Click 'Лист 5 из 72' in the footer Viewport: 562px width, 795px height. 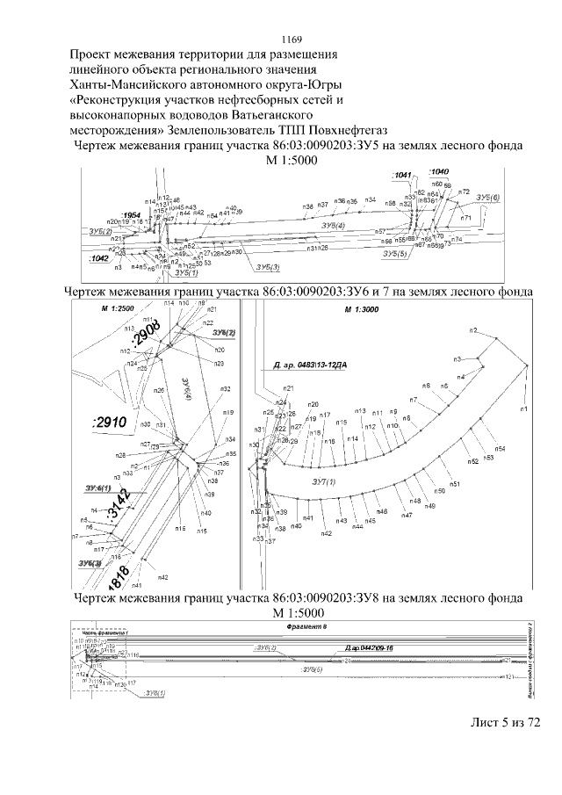pyautogui.click(x=504, y=721)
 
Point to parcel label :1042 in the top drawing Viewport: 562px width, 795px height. pyautogui.click(x=97, y=259)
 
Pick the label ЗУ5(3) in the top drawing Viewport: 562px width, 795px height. pyautogui.click(x=263, y=266)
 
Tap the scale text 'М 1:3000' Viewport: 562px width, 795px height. pyautogui.click(x=360, y=311)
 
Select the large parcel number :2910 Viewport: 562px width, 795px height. pyautogui.click(x=110, y=423)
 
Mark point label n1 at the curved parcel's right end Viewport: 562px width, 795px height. pyautogui.click(x=523, y=409)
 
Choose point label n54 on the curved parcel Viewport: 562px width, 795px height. pyautogui.click(x=500, y=449)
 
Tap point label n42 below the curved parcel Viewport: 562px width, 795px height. pyautogui.click(x=326, y=533)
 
